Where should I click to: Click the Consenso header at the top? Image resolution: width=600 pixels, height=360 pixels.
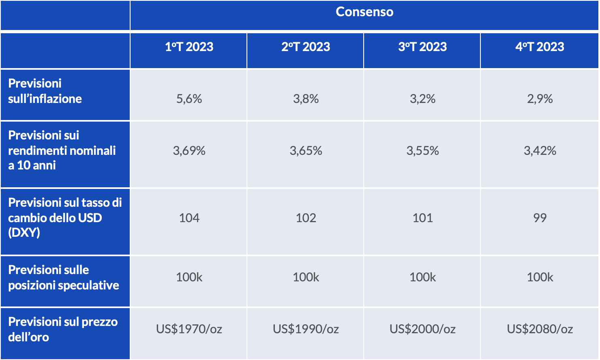click(x=364, y=12)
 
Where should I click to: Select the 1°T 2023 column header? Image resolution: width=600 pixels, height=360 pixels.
click(x=189, y=47)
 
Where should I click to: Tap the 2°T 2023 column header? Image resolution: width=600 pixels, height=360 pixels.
click(x=306, y=47)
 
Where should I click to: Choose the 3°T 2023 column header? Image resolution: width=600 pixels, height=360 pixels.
click(x=422, y=47)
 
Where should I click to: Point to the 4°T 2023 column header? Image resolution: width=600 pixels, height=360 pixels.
click(x=540, y=47)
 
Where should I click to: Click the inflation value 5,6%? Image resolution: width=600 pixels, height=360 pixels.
click(x=189, y=99)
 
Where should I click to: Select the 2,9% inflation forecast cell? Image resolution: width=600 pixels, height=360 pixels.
click(x=540, y=99)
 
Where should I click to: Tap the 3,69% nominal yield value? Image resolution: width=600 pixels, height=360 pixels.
click(x=189, y=150)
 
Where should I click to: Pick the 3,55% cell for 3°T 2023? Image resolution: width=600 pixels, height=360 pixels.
click(x=422, y=150)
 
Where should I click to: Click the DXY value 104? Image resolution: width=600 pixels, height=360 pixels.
click(x=189, y=218)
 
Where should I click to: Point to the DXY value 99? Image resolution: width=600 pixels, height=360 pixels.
click(x=540, y=218)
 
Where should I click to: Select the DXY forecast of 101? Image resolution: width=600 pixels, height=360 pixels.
click(x=422, y=218)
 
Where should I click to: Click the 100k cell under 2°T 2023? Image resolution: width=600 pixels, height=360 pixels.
click(x=306, y=277)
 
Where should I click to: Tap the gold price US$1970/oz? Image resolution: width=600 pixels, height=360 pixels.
click(x=189, y=329)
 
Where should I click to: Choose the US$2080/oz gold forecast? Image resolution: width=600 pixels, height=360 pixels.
click(x=540, y=329)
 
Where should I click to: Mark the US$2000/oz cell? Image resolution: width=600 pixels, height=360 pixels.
click(x=422, y=329)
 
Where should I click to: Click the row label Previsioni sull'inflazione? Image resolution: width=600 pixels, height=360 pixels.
click(x=45, y=91)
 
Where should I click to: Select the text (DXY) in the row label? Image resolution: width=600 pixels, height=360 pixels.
click(x=24, y=233)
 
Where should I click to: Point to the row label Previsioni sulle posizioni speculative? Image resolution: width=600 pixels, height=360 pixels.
click(x=64, y=277)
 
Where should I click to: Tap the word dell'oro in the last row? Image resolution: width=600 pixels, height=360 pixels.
click(x=28, y=337)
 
